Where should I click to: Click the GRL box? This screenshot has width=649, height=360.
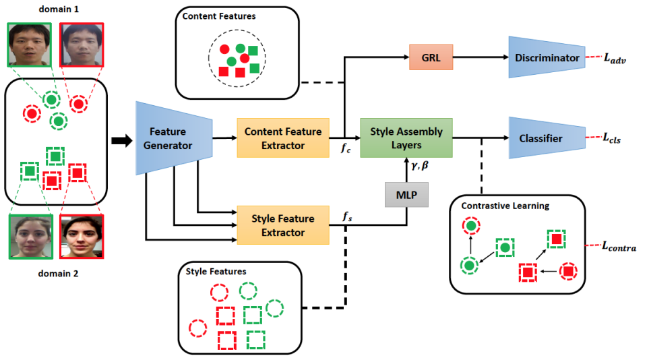[x=431, y=57]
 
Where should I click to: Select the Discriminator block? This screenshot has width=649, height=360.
[x=547, y=57]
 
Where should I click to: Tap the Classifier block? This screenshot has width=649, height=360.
[x=547, y=138]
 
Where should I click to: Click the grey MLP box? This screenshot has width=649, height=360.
[x=406, y=195]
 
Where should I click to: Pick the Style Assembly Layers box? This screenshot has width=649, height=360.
[x=406, y=138]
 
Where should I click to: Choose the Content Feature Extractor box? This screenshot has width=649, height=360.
[x=283, y=138]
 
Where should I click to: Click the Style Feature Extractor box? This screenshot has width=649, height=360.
[x=283, y=225]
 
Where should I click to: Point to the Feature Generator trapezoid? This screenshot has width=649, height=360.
[x=175, y=138]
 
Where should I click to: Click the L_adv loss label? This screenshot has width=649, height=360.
[x=615, y=59]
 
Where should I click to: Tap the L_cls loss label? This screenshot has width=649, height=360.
[x=612, y=138]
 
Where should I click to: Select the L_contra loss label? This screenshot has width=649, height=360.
[x=619, y=247]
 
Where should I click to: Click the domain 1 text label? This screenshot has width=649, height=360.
[x=59, y=9]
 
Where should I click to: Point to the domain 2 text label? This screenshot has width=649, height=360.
[x=58, y=274]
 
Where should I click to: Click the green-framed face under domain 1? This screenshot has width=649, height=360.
[x=30, y=44]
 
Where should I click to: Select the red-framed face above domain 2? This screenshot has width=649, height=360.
[x=82, y=237]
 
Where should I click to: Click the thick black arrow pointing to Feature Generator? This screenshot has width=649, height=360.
[x=122, y=140]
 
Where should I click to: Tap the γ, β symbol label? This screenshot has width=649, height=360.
[x=420, y=166]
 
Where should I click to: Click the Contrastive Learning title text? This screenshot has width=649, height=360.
[x=505, y=206]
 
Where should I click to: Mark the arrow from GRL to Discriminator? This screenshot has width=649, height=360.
[x=481, y=57]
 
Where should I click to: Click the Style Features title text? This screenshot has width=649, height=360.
[x=216, y=271]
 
